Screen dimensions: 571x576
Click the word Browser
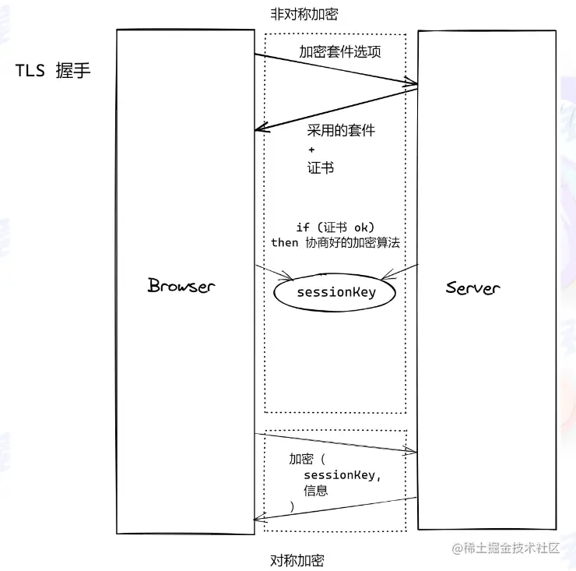tap(181, 285)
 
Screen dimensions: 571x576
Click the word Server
tap(472, 287)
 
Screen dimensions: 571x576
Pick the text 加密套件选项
tap(340, 52)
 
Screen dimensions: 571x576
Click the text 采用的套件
tap(341, 129)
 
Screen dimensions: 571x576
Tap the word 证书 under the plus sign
tap(320, 167)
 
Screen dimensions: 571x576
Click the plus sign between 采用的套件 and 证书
tap(311, 149)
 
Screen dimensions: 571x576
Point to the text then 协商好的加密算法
tap(335, 242)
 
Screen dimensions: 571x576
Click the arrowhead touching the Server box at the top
tap(412, 82)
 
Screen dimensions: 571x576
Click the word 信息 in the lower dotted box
tap(315, 491)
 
